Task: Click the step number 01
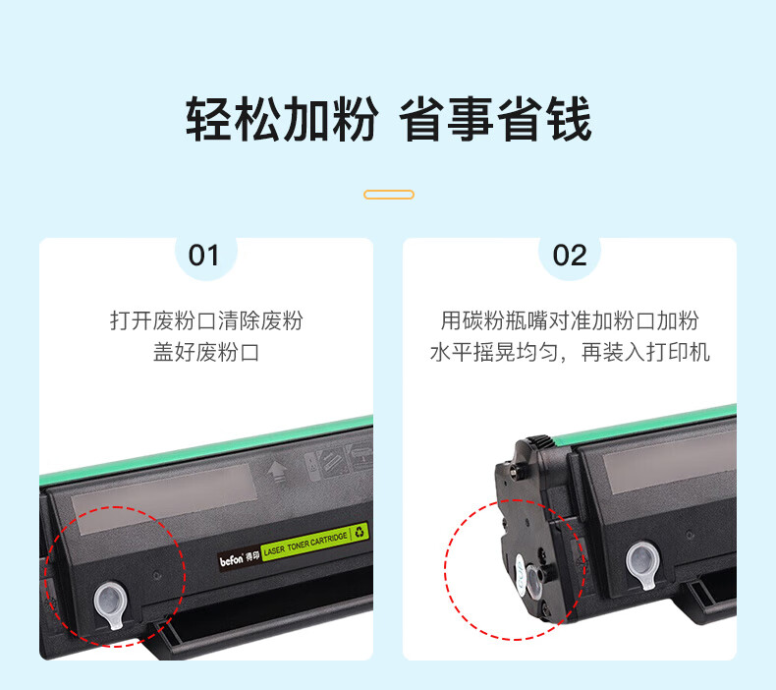coord(203,256)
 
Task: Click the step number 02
coord(570,256)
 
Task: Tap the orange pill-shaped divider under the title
coord(389,195)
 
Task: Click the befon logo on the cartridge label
coord(232,559)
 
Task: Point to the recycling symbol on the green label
coord(360,532)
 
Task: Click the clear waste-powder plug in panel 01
coord(111,604)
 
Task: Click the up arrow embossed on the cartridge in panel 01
coord(278,471)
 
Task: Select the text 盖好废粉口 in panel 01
coord(206,352)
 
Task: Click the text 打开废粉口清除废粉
coord(206,320)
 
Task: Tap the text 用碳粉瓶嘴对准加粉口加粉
coord(570,320)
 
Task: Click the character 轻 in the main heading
coord(209,119)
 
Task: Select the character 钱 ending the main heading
coord(569,119)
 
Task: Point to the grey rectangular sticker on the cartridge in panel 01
coord(163,498)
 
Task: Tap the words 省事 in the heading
coord(446,119)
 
